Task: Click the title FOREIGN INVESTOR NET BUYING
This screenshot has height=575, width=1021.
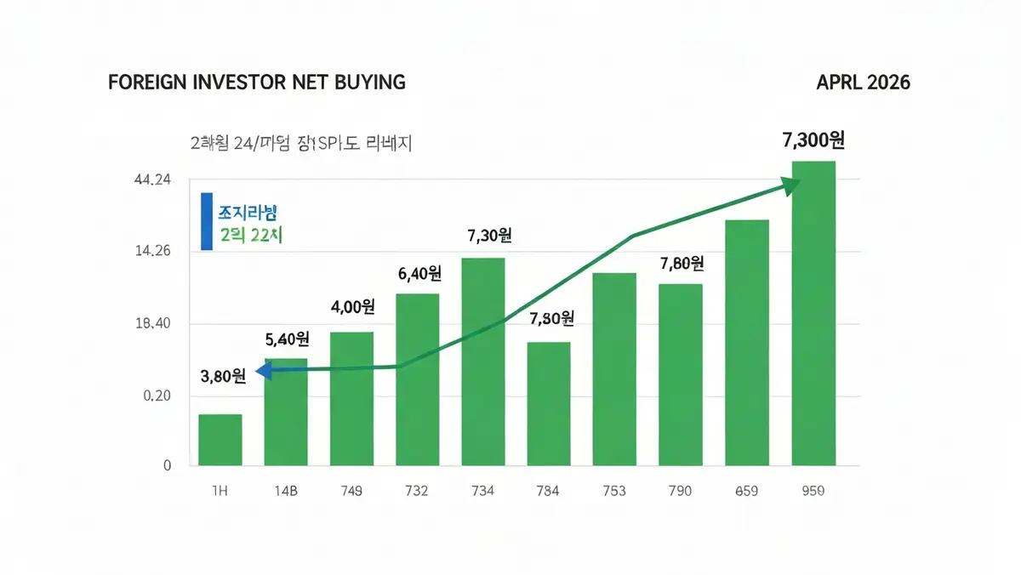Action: click(257, 83)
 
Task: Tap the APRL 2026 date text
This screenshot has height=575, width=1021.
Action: click(863, 83)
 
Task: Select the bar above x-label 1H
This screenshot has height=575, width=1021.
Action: click(220, 440)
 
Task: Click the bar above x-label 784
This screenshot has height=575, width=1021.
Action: click(549, 404)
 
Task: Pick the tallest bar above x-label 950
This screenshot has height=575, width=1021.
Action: click(813, 313)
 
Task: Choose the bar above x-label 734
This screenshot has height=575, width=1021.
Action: click(483, 362)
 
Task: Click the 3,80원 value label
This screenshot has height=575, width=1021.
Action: click(223, 375)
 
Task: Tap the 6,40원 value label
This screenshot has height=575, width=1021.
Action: click(419, 274)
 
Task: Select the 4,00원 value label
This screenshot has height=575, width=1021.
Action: click(353, 306)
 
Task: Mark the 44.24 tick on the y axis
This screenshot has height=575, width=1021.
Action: click(153, 179)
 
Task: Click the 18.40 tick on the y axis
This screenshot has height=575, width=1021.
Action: click(153, 324)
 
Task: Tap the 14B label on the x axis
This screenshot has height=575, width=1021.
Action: click(286, 491)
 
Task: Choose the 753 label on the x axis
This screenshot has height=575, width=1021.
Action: click(614, 491)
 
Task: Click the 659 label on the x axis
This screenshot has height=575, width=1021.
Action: click(746, 491)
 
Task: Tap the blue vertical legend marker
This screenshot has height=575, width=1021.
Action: click(207, 221)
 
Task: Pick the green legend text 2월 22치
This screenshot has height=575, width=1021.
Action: click(250, 236)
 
